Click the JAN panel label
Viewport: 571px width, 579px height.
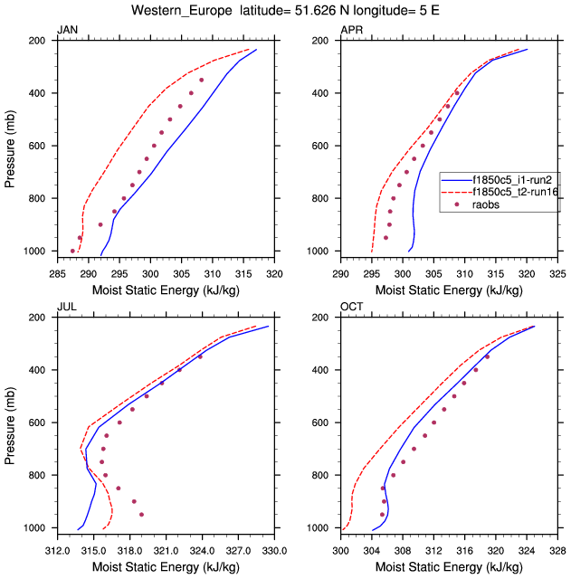(x=67, y=31)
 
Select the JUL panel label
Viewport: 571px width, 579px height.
(x=66, y=308)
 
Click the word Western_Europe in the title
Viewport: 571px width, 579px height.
(x=171, y=11)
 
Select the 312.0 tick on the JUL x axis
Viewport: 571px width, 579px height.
(x=57, y=549)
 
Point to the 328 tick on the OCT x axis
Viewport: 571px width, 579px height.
(x=557, y=549)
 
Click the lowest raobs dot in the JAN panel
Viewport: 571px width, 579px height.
(x=73, y=251)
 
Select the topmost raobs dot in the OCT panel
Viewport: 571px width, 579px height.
(x=487, y=356)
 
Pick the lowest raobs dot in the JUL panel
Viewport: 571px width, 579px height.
(x=141, y=514)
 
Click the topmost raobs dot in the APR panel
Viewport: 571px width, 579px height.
(x=457, y=92)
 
